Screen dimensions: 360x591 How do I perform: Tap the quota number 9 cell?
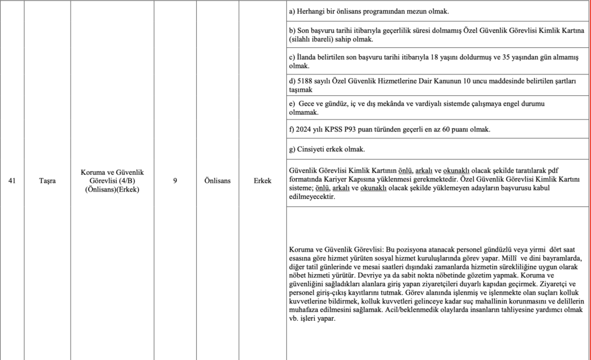coord(175,181)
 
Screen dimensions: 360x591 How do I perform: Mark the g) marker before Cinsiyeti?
coord(291,150)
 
